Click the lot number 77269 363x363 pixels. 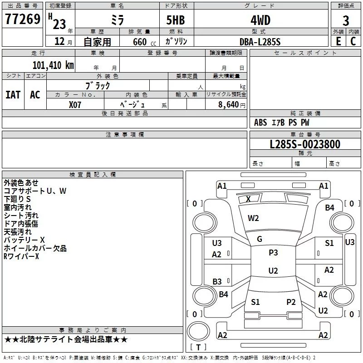[22, 19]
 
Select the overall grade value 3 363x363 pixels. [346, 20]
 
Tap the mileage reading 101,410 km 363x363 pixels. [53, 65]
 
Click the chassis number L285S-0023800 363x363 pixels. [305, 144]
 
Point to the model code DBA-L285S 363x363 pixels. [260, 42]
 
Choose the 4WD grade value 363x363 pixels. [260, 20]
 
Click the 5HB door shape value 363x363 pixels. [176, 20]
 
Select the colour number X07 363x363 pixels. [75, 105]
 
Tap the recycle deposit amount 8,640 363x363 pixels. [229, 104]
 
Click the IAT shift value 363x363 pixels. [13, 95]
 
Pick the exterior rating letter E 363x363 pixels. [338, 41]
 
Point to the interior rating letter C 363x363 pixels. [353, 41]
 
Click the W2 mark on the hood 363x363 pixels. [253, 218]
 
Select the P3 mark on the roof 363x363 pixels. [273, 252]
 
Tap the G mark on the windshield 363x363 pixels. [260, 239]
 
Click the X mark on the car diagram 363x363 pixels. [248, 199]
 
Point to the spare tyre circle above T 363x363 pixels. [198, 331]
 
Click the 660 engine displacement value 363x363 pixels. [140, 42]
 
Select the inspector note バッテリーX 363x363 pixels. [24, 240]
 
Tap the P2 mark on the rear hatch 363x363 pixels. [291, 302]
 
